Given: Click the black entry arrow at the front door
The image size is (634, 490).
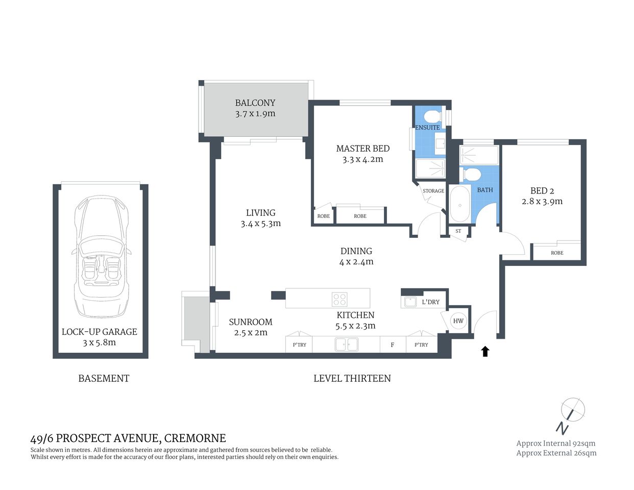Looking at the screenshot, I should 485,351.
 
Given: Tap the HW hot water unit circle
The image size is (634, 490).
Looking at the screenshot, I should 458,321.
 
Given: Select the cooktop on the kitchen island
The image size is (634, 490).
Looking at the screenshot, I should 340,299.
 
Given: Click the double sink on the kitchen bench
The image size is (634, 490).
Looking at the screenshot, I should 347,345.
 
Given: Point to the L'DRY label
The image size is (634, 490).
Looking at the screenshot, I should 430,302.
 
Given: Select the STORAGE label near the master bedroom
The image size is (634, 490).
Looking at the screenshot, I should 433,191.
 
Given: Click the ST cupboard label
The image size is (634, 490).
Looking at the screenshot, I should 458,231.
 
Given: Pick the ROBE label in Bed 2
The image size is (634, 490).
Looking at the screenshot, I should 557,253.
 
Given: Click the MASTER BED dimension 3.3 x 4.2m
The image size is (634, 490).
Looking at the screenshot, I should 362,159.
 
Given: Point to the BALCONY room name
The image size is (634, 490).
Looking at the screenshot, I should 255,103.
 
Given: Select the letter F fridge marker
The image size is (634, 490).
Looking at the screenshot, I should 393,345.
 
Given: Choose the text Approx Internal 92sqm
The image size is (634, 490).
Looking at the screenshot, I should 555,443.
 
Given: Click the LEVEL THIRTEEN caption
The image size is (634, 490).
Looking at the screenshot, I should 352,378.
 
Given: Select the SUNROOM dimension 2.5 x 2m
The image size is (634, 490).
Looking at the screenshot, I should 251,333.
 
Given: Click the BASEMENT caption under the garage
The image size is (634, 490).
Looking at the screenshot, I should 104,378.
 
